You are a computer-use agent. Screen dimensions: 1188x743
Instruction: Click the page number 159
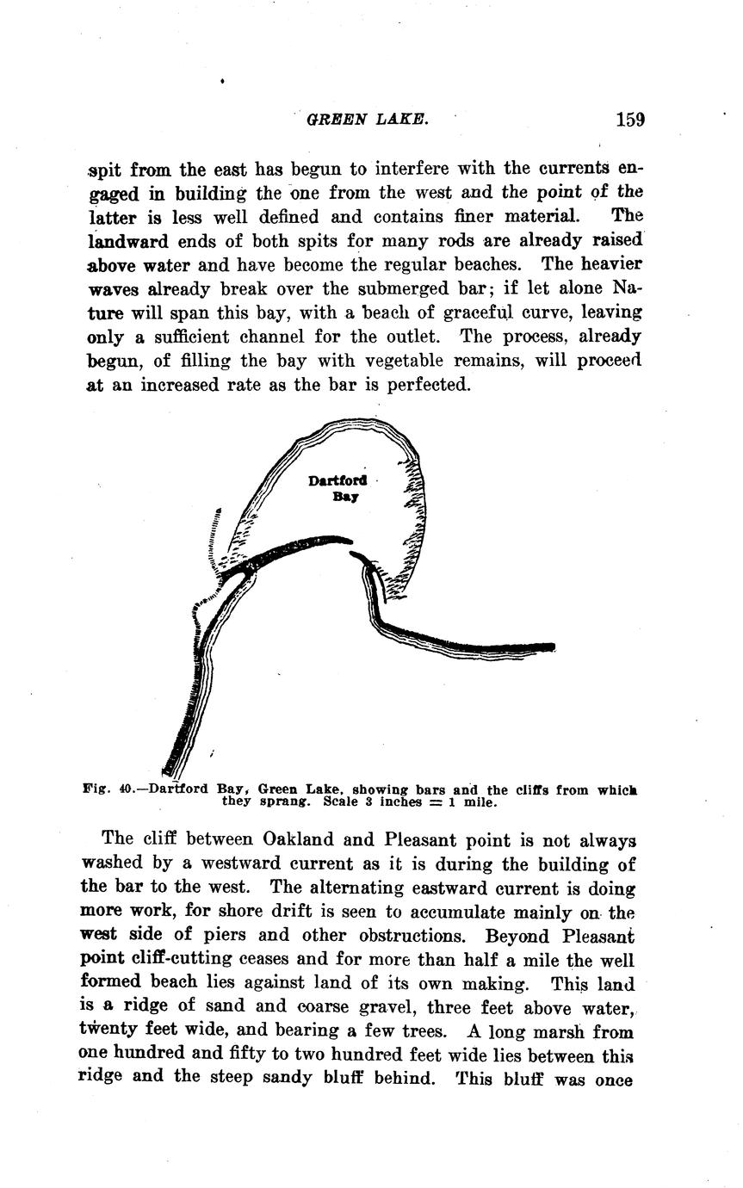pyautogui.click(x=630, y=120)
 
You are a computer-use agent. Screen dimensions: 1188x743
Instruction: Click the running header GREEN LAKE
pyautogui.click(x=367, y=121)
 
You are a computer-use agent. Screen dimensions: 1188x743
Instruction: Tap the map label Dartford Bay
pyautogui.click(x=337, y=488)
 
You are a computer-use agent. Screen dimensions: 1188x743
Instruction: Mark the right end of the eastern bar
pyautogui.click(x=552, y=647)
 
